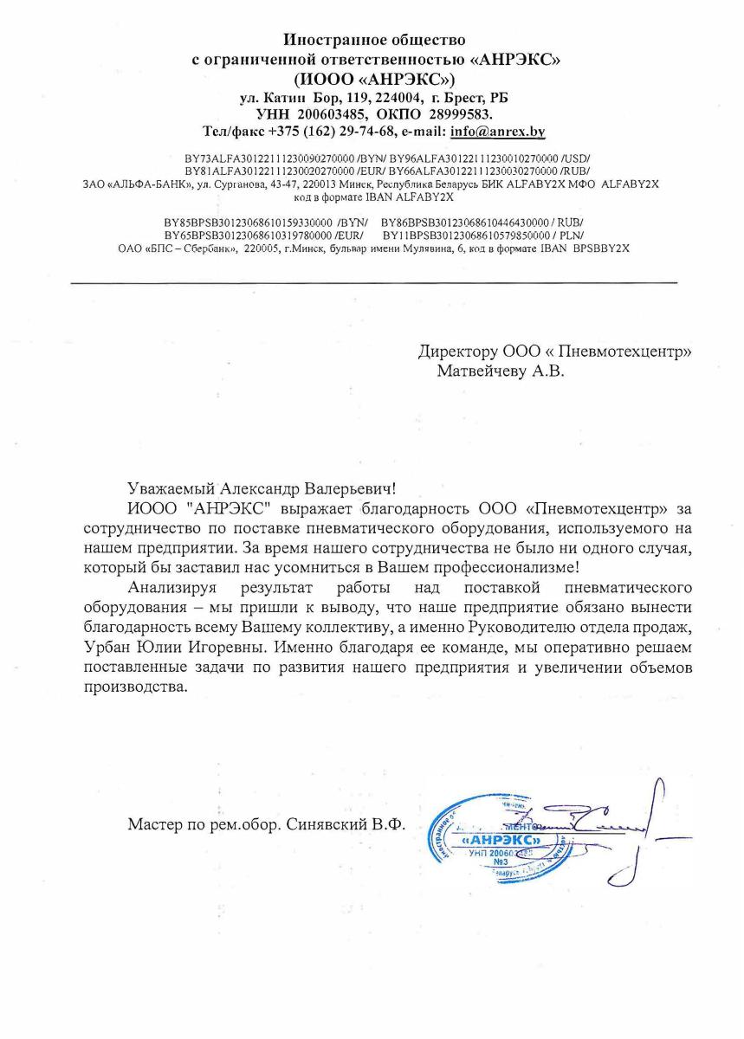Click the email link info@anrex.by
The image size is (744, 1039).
point(497,132)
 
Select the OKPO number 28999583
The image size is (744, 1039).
point(457,114)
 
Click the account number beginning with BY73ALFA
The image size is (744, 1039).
point(260,160)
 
